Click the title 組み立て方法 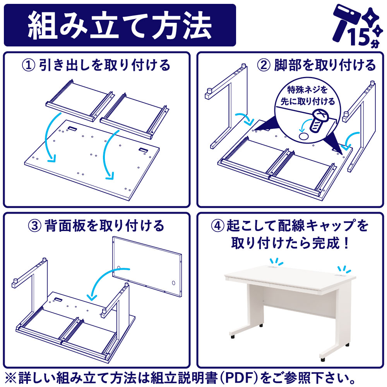coord(120,25)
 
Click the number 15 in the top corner coord(360,37)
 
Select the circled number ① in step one coord(29,65)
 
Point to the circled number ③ coord(35,226)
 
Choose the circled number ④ coord(217,226)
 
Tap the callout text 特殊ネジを coord(307,89)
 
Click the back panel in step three coord(147,267)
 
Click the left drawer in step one coord(80,101)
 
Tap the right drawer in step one coord(135,116)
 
